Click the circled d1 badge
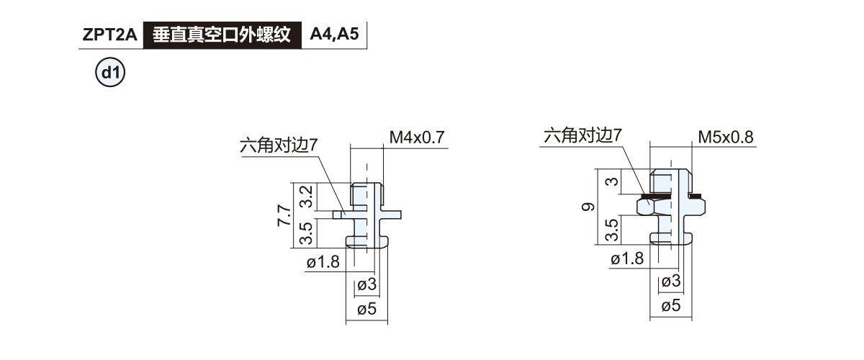click(x=110, y=73)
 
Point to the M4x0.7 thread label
click(x=418, y=137)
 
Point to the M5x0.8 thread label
click(x=725, y=137)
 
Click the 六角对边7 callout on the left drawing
click(x=279, y=146)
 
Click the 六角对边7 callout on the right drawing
click(x=582, y=135)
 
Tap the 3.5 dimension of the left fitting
click(x=305, y=232)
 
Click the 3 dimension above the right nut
click(x=612, y=181)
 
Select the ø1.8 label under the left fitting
click(x=323, y=263)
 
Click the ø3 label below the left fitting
click(x=366, y=285)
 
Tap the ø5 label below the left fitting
click(x=366, y=310)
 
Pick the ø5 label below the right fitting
click(x=670, y=305)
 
